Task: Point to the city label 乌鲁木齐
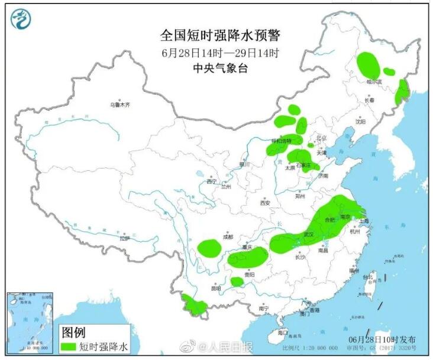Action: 119,105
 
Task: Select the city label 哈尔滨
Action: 374,82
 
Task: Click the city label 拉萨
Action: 124,238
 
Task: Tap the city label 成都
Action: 228,237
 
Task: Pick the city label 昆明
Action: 217,288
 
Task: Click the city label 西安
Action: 264,203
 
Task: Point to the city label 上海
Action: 363,220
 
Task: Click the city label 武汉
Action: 308,235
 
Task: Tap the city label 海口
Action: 282,333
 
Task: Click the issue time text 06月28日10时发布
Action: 382,339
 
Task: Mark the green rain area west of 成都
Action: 208,248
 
